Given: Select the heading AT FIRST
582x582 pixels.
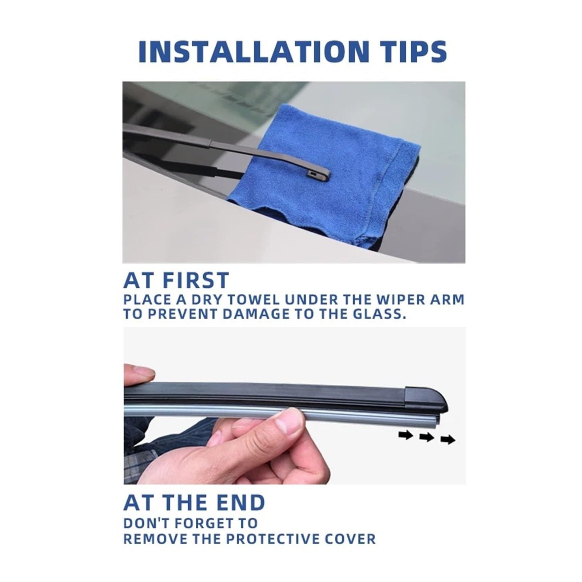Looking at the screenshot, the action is tap(176, 280).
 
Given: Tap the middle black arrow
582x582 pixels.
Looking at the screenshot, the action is tap(427, 438).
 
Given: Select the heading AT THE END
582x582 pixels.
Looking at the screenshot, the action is tap(194, 502).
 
